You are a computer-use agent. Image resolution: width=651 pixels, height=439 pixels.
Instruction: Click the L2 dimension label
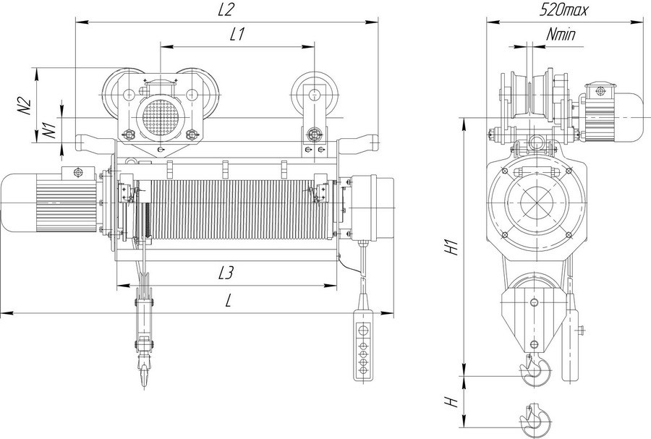(228, 9)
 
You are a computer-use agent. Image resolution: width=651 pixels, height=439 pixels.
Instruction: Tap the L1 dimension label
(237, 33)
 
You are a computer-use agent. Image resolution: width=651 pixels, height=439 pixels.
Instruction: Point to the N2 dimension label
(24, 104)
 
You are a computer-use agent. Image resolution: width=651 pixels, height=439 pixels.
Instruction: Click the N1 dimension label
(50, 129)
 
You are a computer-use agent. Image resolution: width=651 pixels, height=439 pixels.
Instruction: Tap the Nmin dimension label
(561, 33)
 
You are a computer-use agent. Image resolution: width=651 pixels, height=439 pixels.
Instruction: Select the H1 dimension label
(451, 248)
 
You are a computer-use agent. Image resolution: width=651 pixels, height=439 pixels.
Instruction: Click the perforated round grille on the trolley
(160, 116)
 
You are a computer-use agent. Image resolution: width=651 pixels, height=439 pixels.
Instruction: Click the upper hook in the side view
(535, 371)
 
